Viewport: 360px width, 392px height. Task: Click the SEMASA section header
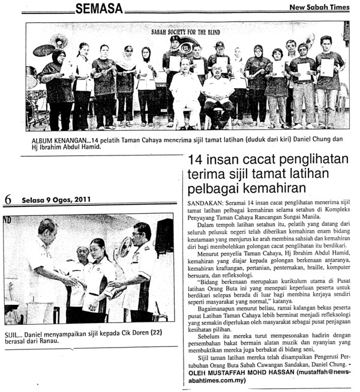(99, 8)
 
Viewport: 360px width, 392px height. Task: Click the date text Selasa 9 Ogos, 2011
(56, 200)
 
